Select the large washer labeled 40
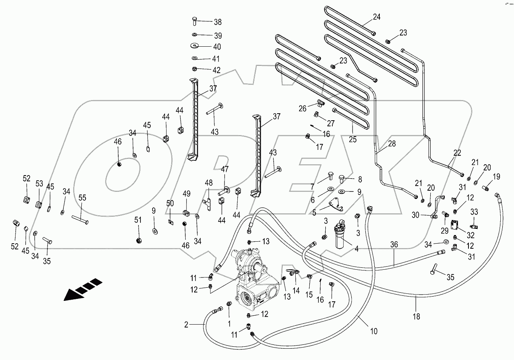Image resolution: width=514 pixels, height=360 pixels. pos(195,46)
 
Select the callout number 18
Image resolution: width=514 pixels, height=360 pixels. pos(416,316)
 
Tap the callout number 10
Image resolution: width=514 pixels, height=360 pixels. pos(374,332)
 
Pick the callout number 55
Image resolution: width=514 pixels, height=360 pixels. pos(82,198)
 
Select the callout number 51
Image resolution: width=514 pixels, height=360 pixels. pos(138,220)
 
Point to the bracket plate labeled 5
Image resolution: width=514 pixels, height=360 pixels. pos(335,205)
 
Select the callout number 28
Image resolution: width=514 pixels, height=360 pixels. pos(391,144)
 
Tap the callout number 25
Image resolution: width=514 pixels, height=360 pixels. pos(353,139)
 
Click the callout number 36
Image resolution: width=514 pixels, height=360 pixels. pos(394,244)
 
